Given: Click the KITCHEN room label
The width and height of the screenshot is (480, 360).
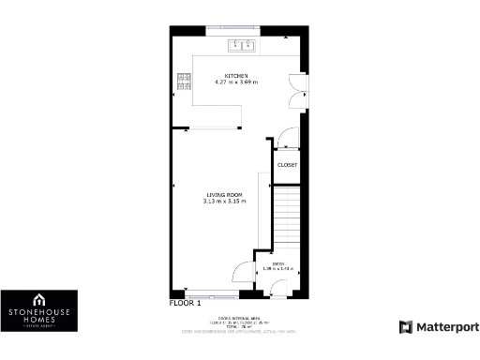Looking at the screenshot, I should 235,76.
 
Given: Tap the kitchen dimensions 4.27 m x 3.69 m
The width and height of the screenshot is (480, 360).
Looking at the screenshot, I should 235,82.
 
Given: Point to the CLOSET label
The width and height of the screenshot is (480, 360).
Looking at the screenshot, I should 287,165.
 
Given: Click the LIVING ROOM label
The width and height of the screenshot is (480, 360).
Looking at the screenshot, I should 224,195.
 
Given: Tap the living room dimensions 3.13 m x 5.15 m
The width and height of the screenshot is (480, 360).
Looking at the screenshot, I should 224,202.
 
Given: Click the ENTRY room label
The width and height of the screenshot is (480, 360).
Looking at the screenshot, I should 278,264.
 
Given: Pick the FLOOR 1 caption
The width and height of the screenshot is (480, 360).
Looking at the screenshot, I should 185,304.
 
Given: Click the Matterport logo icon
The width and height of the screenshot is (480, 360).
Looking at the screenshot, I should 405,327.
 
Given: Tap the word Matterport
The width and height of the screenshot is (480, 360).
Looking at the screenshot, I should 445,327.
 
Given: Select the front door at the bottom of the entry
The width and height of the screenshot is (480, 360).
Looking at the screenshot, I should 277,292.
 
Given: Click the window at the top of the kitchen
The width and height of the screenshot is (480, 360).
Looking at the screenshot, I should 235,27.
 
